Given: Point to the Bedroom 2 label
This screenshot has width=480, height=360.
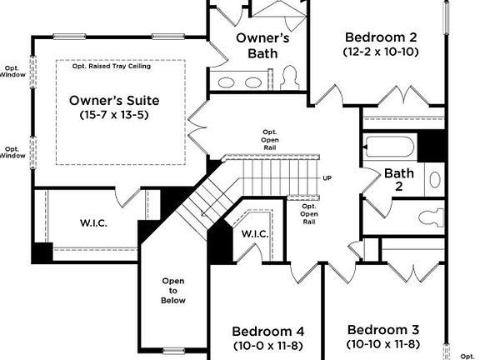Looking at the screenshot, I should tap(381, 37).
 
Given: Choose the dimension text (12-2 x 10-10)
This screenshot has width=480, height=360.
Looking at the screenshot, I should tap(381, 52).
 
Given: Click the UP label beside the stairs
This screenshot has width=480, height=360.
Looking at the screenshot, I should tap(327, 179).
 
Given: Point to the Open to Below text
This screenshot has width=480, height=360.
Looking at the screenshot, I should tap(173, 291).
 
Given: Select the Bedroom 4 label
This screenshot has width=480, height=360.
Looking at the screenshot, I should tap(262, 329).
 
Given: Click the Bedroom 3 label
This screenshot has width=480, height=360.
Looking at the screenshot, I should tap(382, 328).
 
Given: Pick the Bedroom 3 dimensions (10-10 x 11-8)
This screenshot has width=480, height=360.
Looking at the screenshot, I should tap(382, 343).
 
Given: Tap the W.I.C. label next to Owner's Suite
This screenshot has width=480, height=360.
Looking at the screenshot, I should tap(93, 223).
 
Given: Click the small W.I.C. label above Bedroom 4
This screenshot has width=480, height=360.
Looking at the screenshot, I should tap(254, 234).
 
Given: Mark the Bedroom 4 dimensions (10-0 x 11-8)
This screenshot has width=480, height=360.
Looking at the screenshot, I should tap(262, 344).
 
